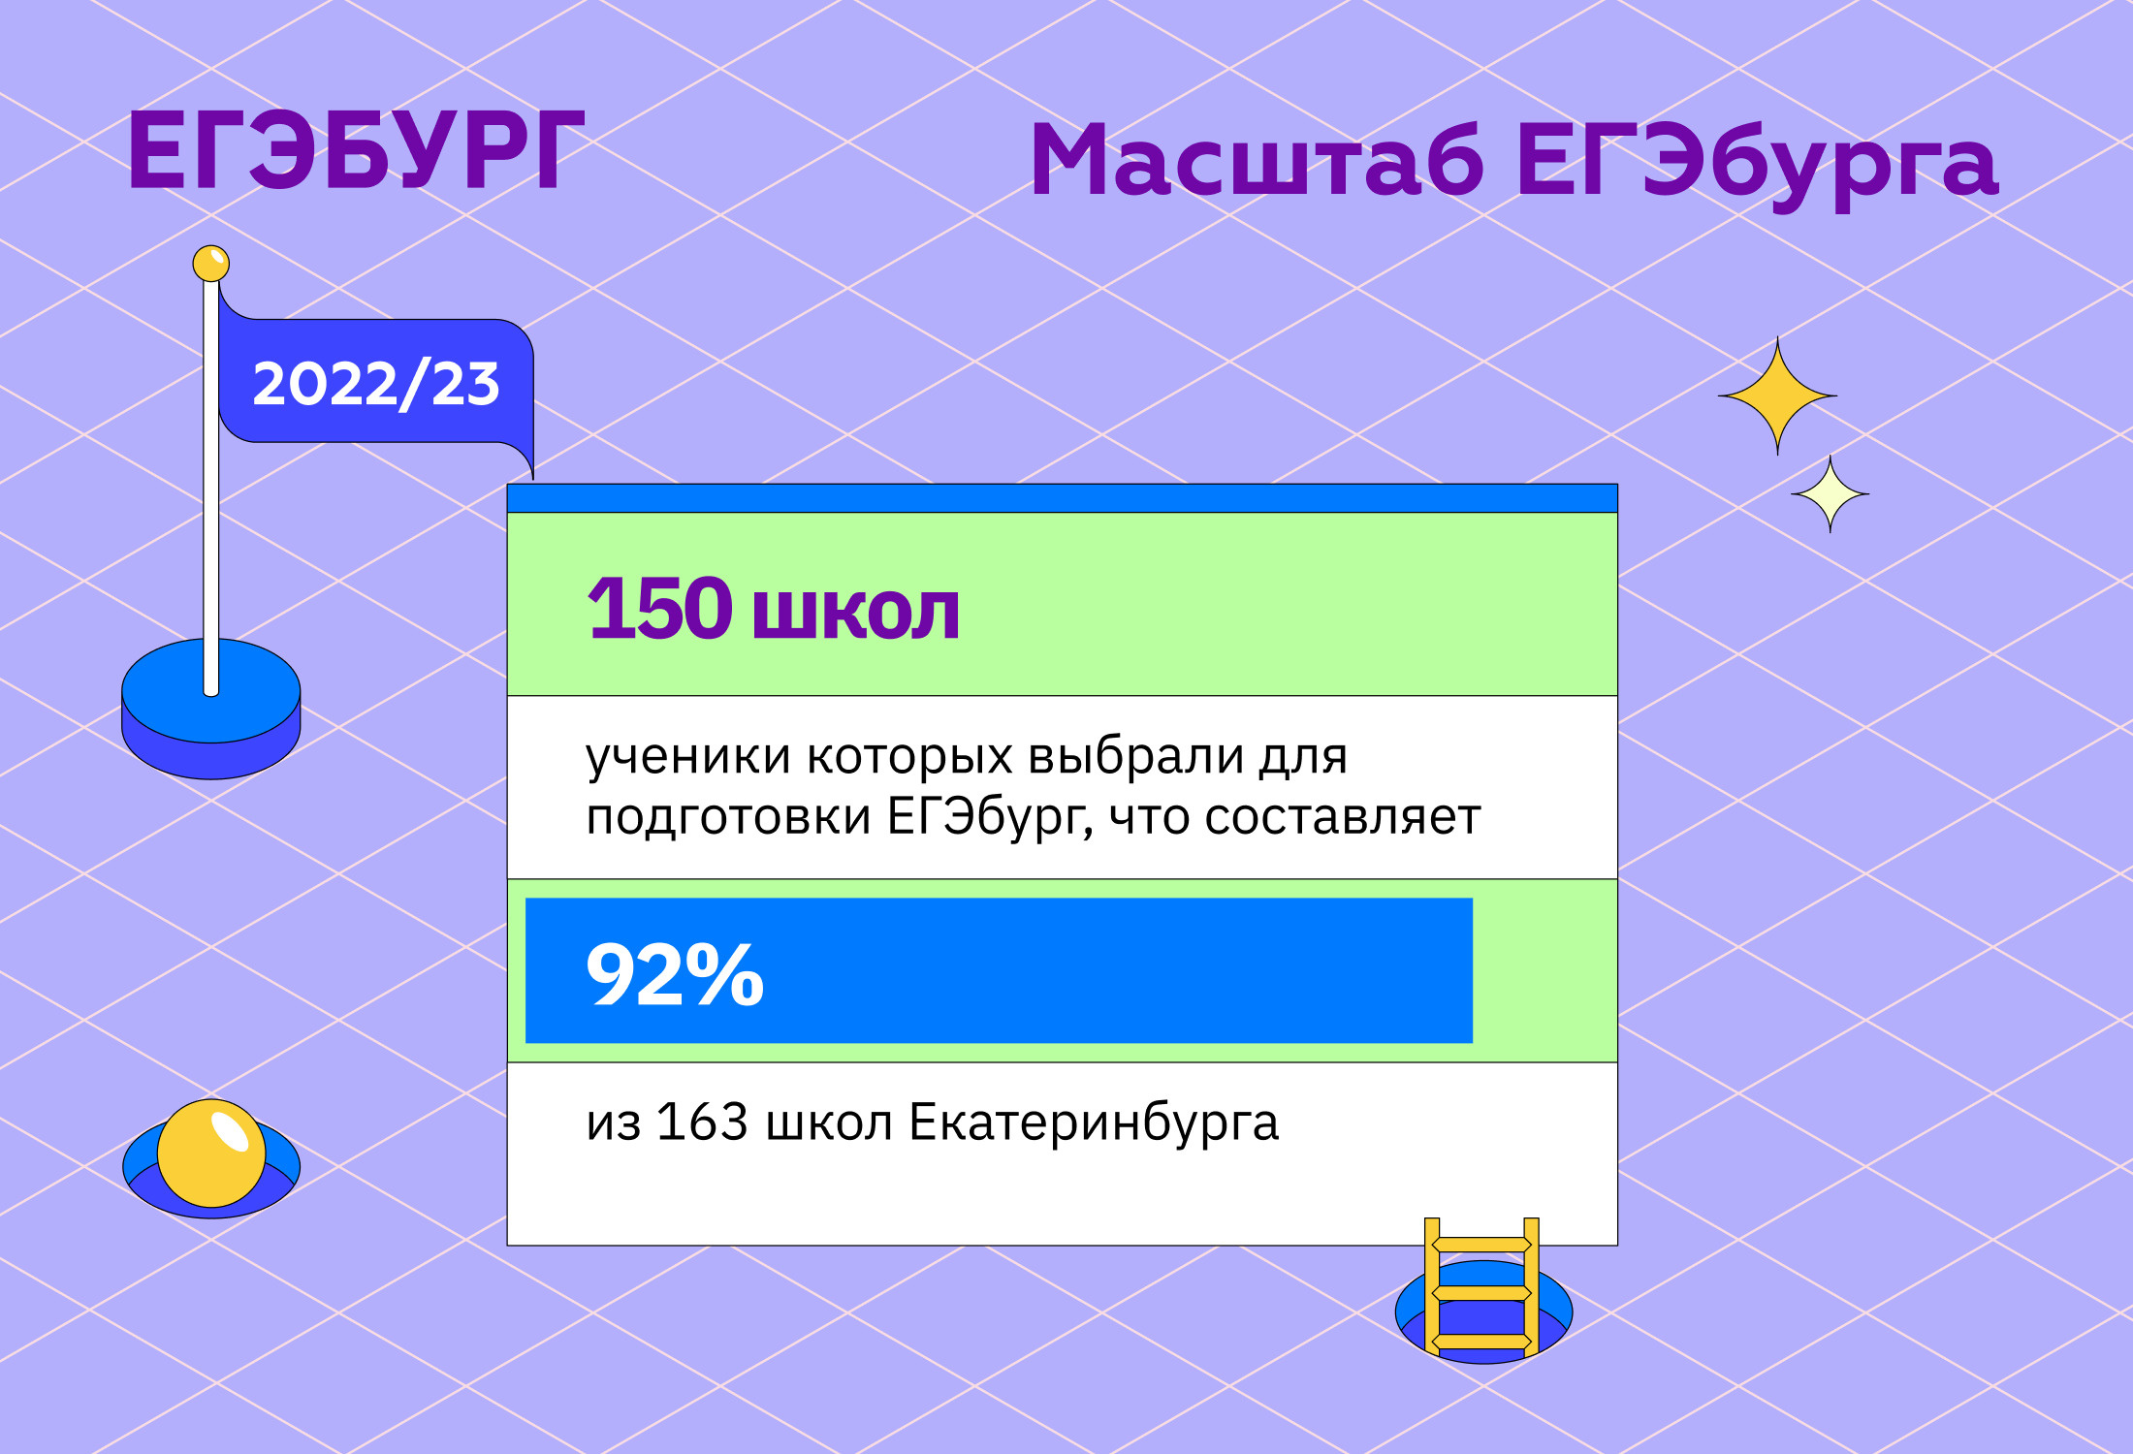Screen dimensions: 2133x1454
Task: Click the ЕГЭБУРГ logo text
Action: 356,150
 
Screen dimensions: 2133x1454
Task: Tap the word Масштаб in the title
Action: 1258,160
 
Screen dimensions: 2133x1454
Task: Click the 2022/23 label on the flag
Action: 376,383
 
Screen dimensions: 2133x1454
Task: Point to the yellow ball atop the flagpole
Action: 211,263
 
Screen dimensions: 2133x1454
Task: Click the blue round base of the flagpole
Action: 211,708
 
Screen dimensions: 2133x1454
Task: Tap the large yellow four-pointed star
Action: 1777,395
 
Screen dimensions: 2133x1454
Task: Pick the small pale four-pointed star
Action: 1830,494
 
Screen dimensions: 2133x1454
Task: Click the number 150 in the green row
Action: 660,609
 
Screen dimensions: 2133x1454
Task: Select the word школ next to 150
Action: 856,613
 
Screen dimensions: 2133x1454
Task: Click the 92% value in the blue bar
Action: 676,974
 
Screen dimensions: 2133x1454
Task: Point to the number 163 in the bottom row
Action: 703,1122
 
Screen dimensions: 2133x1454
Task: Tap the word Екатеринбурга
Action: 1094,1124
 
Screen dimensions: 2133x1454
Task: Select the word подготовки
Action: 728,818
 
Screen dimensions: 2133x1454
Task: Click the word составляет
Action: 1343,817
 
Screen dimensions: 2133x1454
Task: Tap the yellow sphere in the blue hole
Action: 211,1154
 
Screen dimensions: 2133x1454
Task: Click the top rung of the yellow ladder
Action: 1481,1245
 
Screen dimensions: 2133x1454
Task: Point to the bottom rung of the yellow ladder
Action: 1481,1342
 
